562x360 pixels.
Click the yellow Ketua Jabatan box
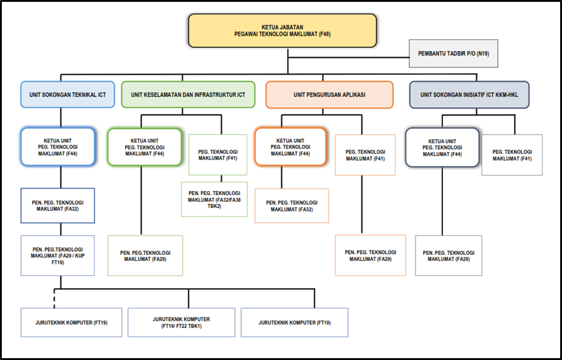point(283,31)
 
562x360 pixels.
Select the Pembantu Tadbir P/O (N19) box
point(453,54)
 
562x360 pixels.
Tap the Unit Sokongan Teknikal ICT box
point(67,95)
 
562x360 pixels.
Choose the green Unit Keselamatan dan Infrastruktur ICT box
point(188,95)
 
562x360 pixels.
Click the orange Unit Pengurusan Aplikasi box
point(329,95)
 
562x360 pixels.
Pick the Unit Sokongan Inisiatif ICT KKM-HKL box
point(469,95)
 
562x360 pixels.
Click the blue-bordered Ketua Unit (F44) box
point(58,147)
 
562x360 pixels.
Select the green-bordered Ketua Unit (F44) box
point(145,147)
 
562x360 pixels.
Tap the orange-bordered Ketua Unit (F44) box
point(290,147)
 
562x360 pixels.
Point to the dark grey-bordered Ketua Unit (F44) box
point(442,147)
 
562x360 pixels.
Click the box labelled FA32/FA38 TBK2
point(214,199)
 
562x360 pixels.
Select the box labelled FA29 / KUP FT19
point(58,255)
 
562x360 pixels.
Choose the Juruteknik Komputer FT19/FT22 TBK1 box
point(182,322)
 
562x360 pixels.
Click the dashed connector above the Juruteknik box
point(54,298)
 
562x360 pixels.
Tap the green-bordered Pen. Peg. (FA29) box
point(145,255)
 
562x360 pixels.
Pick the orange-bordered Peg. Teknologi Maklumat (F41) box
point(365,155)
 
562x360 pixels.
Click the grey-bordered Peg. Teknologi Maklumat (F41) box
point(512,155)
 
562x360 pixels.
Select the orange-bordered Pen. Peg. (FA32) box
point(292,206)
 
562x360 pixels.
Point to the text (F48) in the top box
point(325,35)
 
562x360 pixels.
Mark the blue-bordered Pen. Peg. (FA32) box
point(58,206)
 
